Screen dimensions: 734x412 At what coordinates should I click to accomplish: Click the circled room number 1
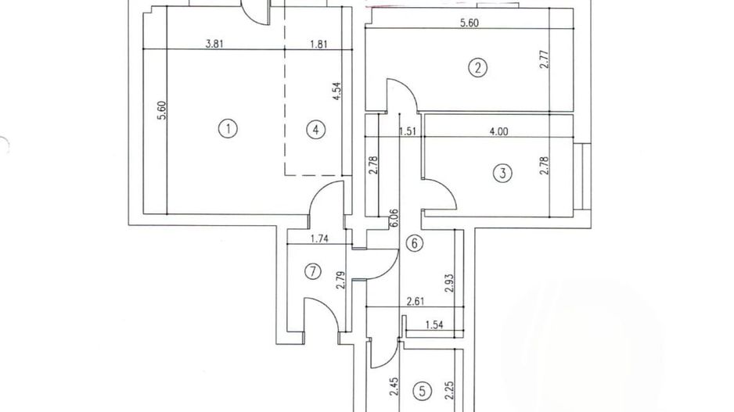pyautogui.click(x=227, y=129)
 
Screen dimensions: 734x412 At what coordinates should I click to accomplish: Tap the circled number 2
pyautogui.click(x=477, y=68)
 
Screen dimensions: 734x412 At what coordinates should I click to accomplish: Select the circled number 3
pyautogui.click(x=503, y=173)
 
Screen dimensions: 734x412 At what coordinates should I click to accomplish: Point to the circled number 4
pyautogui.click(x=315, y=130)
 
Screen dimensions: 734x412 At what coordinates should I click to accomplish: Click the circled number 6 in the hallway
pyautogui.click(x=415, y=243)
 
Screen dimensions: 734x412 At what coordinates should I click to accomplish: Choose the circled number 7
pyautogui.click(x=312, y=272)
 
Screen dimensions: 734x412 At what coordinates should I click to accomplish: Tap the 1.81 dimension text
pyautogui.click(x=318, y=45)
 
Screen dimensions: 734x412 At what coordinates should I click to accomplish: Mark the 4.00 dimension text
pyautogui.click(x=498, y=131)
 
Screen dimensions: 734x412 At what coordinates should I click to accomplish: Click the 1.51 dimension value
pyautogui.click(x=407, y=131)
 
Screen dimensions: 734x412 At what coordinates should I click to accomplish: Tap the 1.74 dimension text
pyautogui.click(x=318, y=238)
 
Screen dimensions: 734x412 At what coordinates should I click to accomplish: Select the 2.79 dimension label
pyautogui.click(x=341, y=280)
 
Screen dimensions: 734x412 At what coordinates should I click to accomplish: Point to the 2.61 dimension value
pyautogui.click(x=416, y=300)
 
